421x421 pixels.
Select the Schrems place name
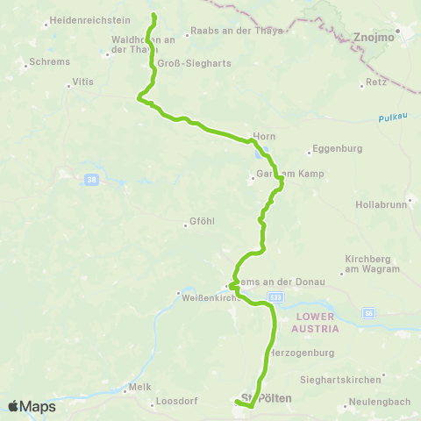tap(43, 62)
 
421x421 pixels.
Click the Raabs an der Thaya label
tap(236, 30)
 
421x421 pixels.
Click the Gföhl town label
tap(202, 222)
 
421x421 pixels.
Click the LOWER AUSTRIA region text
tap(317, 322)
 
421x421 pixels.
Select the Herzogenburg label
tap(304, 353)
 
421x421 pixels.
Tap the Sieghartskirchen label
tap(351, 379)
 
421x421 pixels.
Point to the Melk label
tap(140, 387)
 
